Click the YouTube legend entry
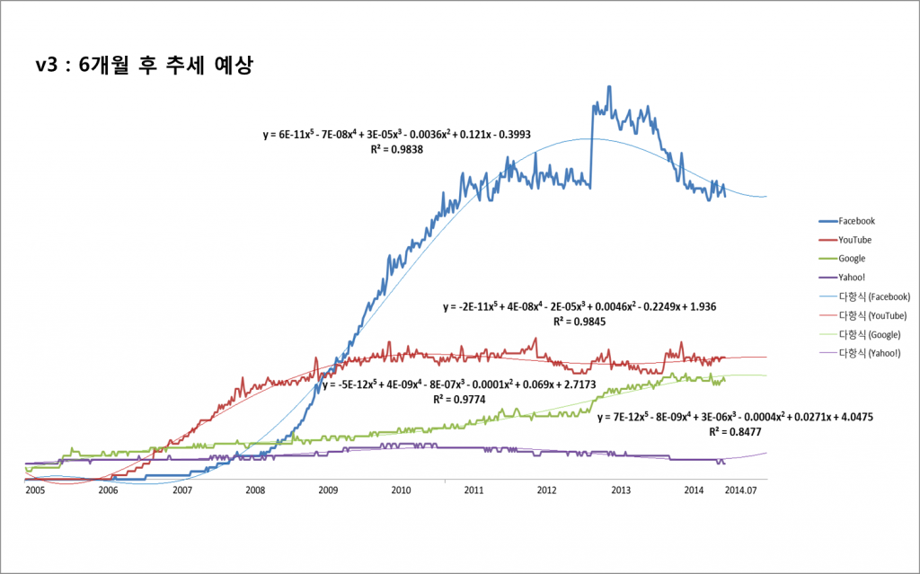pos(854,240)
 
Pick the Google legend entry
pos(852,259)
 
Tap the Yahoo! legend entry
pos(852,278)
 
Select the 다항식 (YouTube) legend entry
pos(871,315)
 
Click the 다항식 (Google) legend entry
pos(869,334)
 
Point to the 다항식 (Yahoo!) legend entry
pos(869,353)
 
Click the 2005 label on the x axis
pos(35,490)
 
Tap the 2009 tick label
pos(328,490)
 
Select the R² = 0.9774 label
pos(459,398)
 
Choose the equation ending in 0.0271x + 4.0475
pos(735,417)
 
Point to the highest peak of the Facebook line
pos(609,87)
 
